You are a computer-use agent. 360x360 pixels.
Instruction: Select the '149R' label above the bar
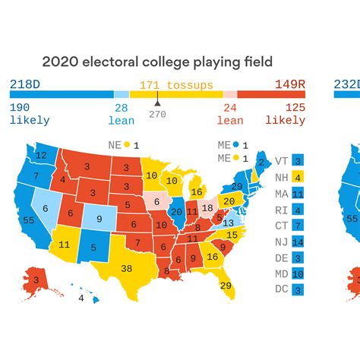(x=290, y=84)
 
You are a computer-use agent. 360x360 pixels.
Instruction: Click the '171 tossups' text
(x=176, y=85)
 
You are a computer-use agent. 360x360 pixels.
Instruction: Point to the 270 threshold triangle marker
(x=157, y=103)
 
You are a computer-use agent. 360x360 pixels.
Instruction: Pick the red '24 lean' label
(x=230, y=114)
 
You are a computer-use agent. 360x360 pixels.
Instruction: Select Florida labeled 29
(x=226, y=285)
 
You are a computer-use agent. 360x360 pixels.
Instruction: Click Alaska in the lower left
(x=34, y=279)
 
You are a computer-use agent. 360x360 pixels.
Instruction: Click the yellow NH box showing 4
(x=298, y=178)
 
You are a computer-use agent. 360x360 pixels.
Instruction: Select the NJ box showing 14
(x=298, y=242)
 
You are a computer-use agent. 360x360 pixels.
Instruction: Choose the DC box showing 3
(x=298, y=289)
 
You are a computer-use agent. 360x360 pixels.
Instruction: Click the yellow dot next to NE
(x=126, y=144)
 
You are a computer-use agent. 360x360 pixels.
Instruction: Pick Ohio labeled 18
(x=206, y=207)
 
